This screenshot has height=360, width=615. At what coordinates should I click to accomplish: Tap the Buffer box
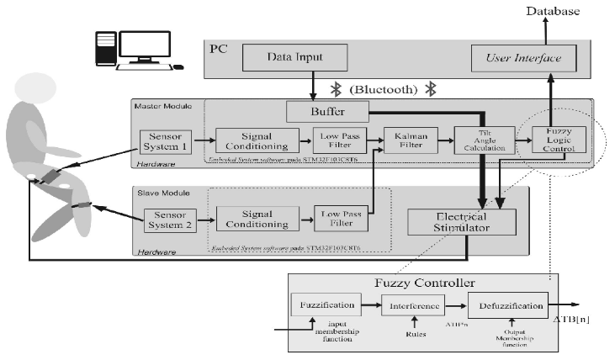(327, 110)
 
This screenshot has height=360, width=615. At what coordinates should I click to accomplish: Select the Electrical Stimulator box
(460, 221)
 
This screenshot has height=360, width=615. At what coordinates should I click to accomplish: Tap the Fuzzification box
(326, 308)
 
